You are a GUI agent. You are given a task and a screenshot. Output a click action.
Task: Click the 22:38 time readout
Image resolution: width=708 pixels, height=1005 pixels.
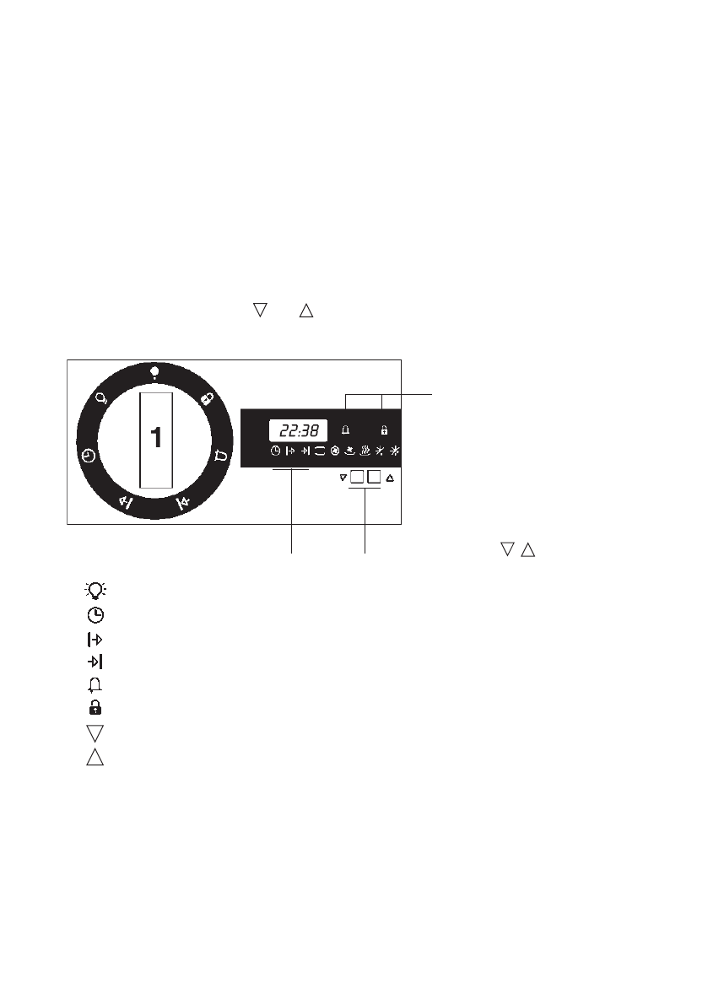299,430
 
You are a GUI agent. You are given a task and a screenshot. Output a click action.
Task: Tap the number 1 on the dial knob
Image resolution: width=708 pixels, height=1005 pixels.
156,438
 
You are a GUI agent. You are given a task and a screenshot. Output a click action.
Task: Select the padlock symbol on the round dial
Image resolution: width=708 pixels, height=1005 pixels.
207,399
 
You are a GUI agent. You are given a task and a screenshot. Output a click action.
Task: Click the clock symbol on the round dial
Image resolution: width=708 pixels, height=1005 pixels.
89,456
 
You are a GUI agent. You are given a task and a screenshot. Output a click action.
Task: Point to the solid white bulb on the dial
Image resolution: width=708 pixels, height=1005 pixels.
154,372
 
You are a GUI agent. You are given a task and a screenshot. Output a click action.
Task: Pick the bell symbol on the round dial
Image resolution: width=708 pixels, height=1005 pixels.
220,457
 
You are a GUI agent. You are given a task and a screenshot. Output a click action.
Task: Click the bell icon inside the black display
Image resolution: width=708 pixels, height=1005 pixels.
345,430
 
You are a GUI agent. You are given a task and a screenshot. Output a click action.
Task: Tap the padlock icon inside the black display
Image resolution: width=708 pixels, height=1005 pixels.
385,430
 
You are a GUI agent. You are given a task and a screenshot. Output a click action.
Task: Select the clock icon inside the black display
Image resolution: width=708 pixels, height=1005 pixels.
275,451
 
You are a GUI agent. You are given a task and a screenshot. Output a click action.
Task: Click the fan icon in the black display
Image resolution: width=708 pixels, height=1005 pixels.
334,451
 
